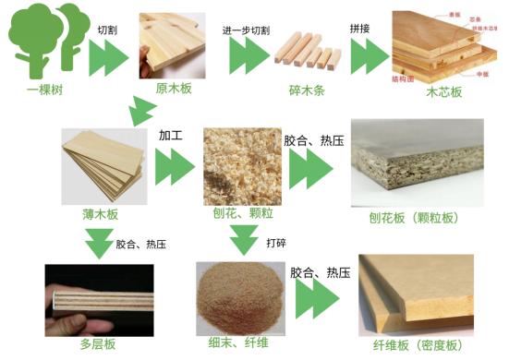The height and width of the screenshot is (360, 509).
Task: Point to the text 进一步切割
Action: [x=246, y=30]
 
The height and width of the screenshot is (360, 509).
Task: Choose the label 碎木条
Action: [x=304, y=91]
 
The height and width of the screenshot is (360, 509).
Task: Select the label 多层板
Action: [x=96, y=345]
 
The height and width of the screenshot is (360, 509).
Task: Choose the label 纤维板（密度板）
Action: [x=418, y=345]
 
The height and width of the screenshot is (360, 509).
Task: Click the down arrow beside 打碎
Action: [x=244, y=242]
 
